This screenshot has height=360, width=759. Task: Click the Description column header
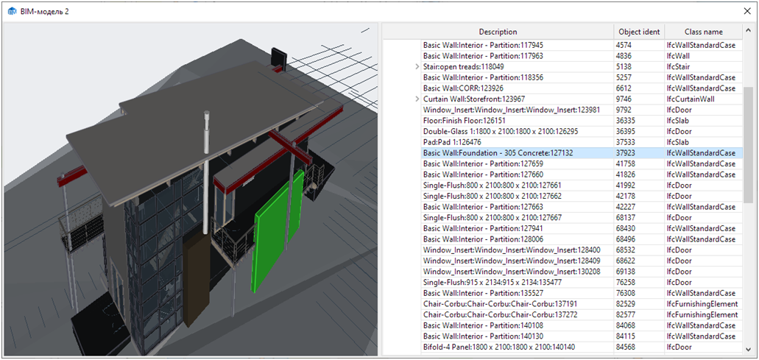click(x=498, y=32)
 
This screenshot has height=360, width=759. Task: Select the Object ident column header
click(x=638, y=32)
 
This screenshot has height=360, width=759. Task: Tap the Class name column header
click(x=703, y=32)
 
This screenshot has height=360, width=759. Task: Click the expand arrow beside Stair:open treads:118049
click(x=417, y=67)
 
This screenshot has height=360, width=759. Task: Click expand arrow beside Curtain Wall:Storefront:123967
click(x=417, y=99)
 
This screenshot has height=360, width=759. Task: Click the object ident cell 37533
click(x=626, y=142)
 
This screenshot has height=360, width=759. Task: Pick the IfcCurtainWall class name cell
click(x=691, y=99)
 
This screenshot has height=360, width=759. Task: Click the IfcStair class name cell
click(x=680, y=67)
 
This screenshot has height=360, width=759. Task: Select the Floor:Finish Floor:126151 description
click(x=465, y=121)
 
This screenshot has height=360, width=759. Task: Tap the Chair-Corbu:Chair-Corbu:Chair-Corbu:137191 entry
click(x=500, y=304)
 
